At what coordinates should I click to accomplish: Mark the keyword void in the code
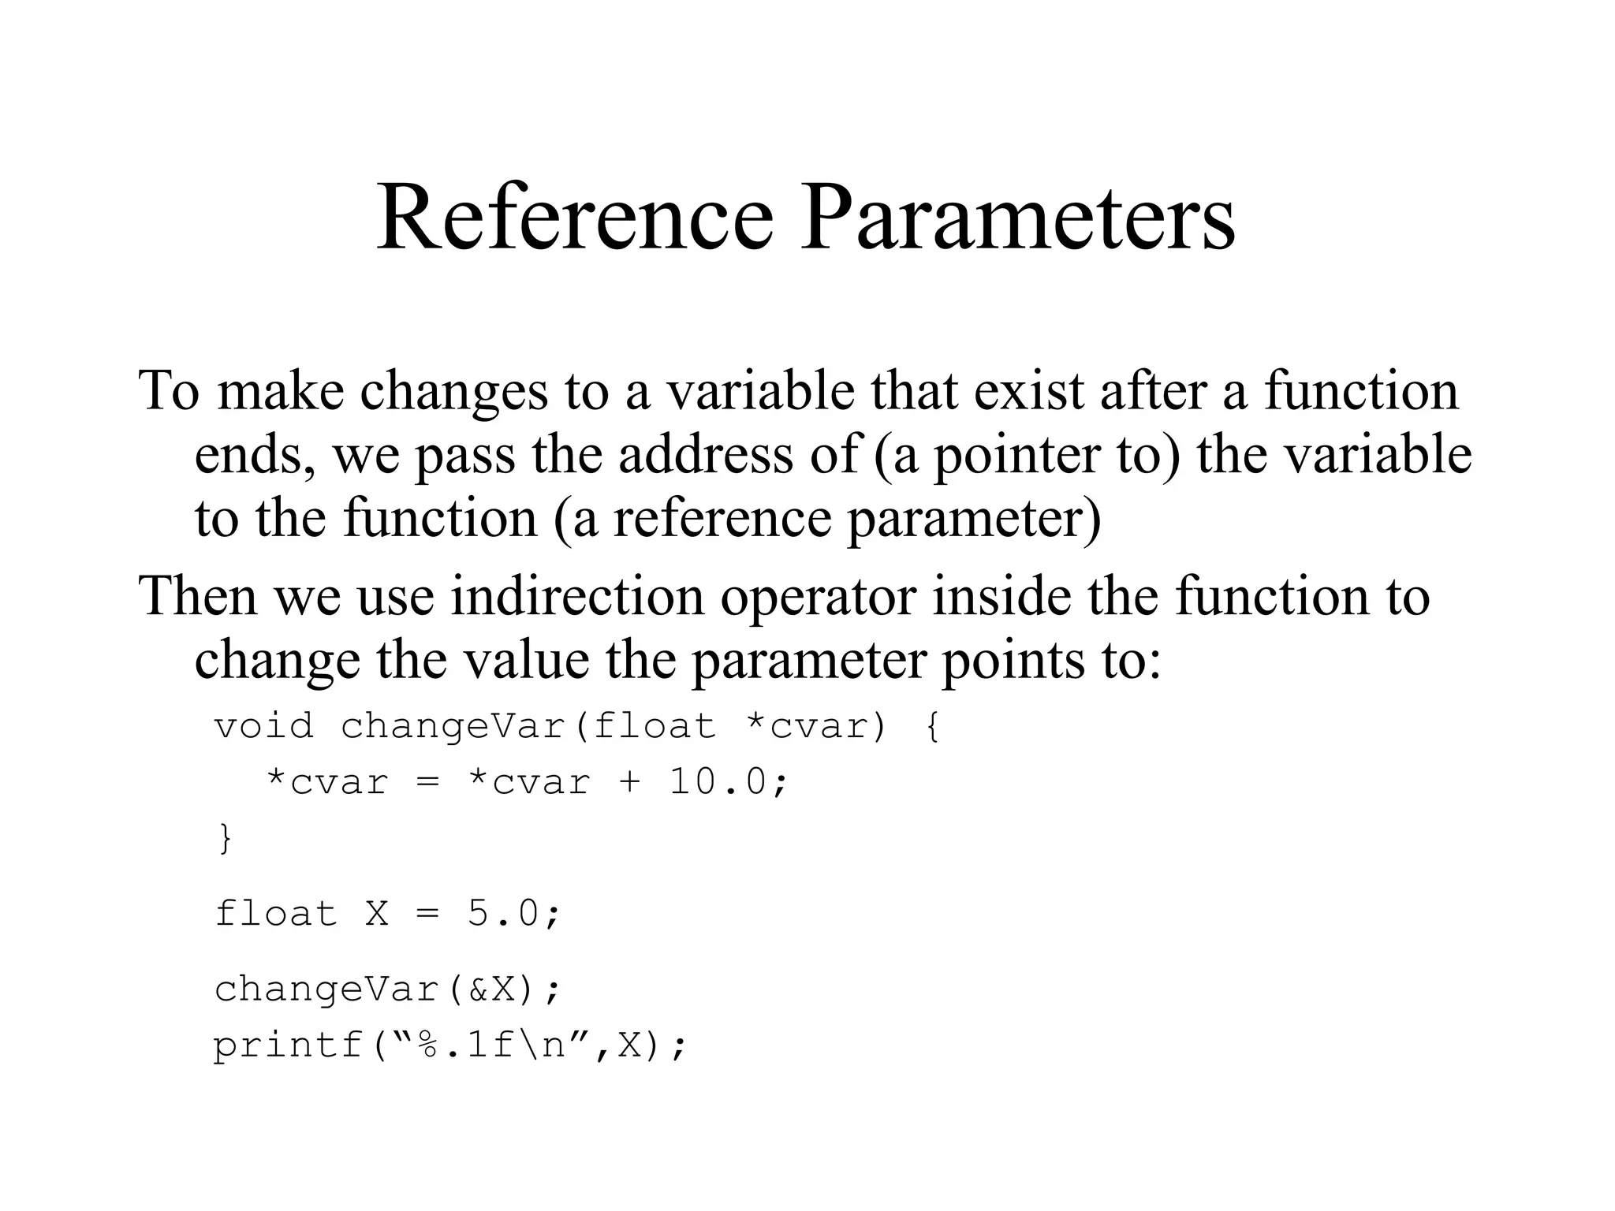coord(263,725)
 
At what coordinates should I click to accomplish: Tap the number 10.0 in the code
coord(718,782)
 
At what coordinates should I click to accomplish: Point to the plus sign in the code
coord(629,783)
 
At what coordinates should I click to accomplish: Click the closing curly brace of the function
coord(225,837)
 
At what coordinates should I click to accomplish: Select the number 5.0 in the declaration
coord(503,914)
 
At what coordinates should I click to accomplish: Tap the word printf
coord(289,1046)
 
